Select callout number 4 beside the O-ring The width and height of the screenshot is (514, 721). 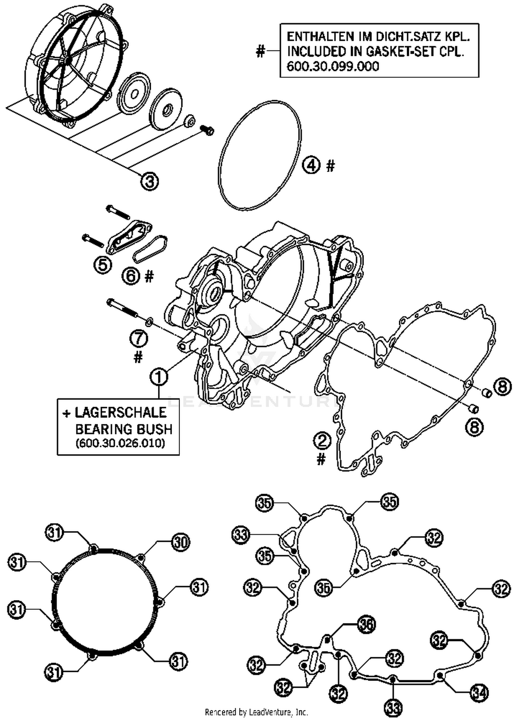311,166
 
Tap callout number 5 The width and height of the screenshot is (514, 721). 103,265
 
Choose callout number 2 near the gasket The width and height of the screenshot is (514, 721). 322,441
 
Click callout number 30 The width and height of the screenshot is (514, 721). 180,542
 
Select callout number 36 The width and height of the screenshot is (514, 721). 367,624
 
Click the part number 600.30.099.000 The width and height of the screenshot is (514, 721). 333,66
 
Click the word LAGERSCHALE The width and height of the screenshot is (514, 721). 121,413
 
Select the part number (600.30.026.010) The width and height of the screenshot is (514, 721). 120,443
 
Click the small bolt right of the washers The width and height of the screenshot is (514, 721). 207,130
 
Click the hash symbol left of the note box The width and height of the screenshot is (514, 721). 260,52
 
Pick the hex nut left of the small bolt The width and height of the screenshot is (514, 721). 189,121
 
